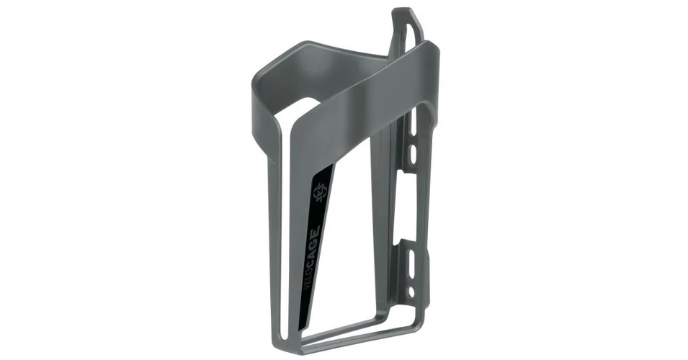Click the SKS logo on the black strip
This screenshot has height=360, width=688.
(x=319, y=190)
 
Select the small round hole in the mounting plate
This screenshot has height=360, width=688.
(x=411, y=291)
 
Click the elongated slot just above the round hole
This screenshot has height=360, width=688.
(x=413, y=263)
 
